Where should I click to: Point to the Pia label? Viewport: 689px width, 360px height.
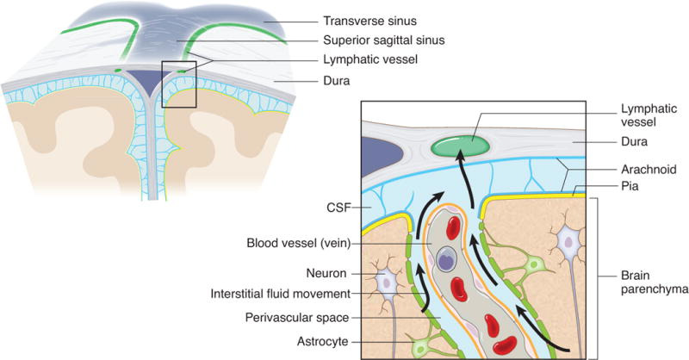[635, 186]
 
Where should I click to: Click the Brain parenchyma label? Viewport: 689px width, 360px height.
[653, 283]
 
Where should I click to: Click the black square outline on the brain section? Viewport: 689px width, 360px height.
[180, 83]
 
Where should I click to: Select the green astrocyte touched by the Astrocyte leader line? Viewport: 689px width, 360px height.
[423, 348]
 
